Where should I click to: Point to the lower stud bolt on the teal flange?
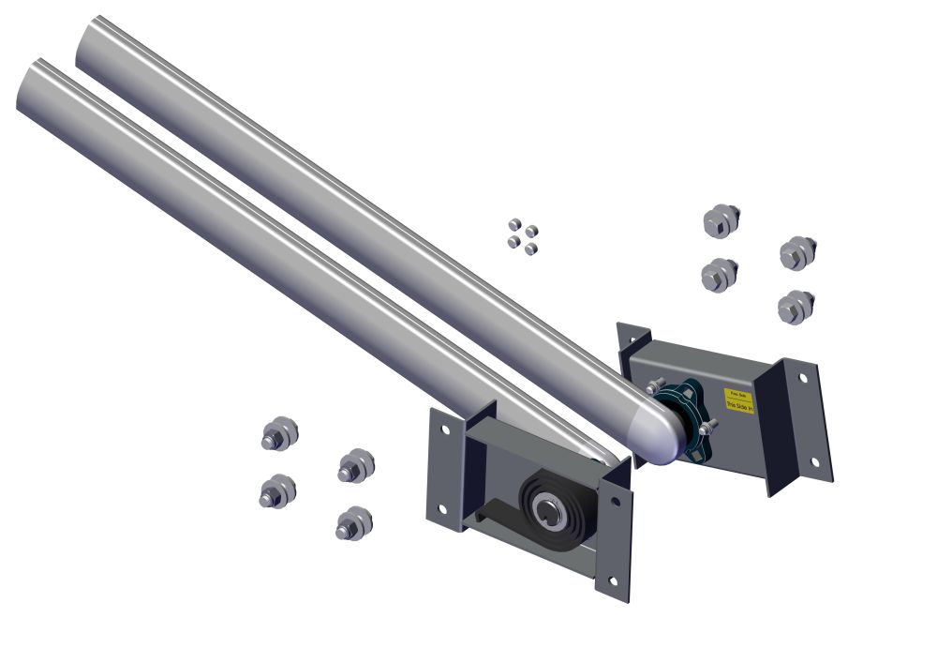pos(708,427)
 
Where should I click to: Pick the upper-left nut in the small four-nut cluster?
pos(514,225)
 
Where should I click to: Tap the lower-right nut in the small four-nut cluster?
pos(532,248)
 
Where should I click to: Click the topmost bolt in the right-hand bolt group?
pos(721,220)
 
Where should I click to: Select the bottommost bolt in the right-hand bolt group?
pos(796,306)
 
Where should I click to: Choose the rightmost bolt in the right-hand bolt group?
pos(798,251)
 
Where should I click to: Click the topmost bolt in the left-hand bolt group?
pos(279,434)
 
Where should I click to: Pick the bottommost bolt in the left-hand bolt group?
pos(353,523)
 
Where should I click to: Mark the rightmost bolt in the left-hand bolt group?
pos(356,464)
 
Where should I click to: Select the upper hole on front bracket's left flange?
pos(444,429)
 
